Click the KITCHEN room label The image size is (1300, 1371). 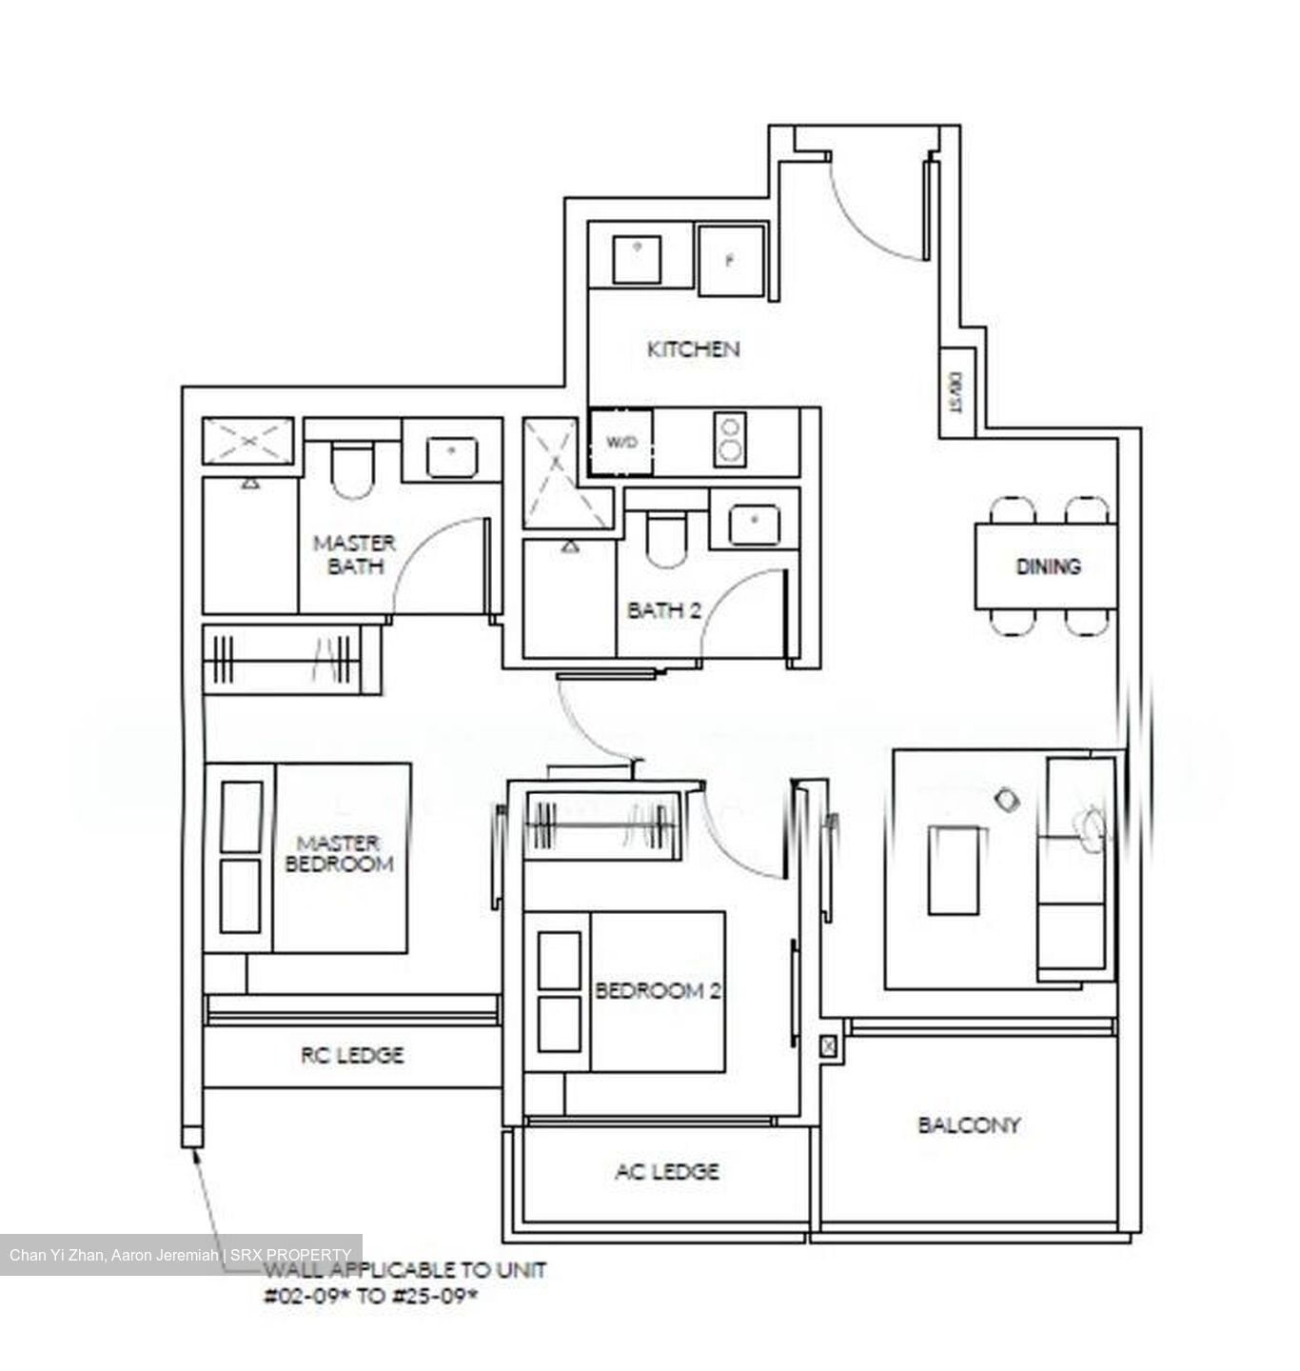(693, 349)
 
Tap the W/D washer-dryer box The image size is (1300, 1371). (620, 443)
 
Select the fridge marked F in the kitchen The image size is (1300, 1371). (730, 261)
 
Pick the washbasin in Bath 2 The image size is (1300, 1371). (755, 526)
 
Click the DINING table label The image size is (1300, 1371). (1048, 566)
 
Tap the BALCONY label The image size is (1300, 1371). (969, 1125)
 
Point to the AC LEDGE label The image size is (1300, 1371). (666, 1171)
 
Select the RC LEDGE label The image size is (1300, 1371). (352, 1055)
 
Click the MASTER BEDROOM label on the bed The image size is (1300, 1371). (339, 854)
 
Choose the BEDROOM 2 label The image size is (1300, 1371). (658, 991)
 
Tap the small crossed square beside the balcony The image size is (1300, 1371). (829, 1046)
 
